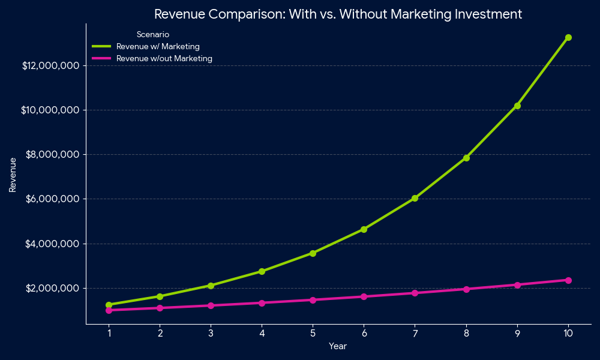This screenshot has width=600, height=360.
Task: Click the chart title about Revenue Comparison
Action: [338, 14]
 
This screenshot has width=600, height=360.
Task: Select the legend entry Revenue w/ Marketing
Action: [158, 46]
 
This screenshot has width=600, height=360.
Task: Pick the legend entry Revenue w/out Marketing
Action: [164, 58]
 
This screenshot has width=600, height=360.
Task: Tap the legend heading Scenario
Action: [152, 35]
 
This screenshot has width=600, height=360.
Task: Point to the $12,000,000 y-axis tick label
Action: [51, 65]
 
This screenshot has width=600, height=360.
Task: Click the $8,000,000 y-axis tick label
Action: [53, 154]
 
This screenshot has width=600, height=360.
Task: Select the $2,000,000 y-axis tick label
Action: [53, 288]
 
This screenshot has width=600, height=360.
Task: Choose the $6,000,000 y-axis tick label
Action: [53, 199]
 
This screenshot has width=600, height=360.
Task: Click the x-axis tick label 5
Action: [313, 333]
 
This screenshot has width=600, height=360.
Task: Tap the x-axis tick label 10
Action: [568, 333]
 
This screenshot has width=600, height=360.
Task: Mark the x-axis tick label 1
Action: [109, 333]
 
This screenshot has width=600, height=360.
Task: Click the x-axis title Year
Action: [338, 346]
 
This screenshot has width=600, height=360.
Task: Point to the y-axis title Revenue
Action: [13, 175]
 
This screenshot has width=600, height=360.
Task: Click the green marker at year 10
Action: [568, 37]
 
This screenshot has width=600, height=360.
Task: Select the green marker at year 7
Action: [415, 198]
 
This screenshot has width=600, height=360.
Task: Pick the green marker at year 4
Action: [262, 271]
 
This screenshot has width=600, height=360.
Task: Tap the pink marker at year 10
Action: [568, 280]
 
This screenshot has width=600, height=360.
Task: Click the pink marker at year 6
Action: [364, 296]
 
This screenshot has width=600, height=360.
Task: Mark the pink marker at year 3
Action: [211, 305]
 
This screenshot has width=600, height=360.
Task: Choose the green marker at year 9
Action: [517, 106]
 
